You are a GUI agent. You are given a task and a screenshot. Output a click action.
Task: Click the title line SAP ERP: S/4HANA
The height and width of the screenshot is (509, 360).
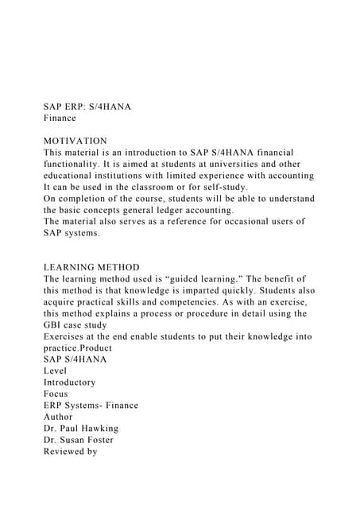pyautogui.click(x=87, y=106)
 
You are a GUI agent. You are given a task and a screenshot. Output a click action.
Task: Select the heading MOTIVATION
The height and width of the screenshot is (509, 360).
pyautogui.click(x=75, y=141)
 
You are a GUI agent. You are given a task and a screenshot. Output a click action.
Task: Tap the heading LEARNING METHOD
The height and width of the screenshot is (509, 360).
pyautogui.click(x=91, y=267)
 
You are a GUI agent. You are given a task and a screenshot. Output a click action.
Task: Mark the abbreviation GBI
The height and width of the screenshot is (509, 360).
pyautogui.click(x=54, y=324)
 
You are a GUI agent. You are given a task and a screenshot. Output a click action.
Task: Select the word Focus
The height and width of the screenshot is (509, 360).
pyautogui.click(x=56, y=394)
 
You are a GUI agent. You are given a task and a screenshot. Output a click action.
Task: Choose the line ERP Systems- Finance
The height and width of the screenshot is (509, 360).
pyautogui.click(x=91, y=405)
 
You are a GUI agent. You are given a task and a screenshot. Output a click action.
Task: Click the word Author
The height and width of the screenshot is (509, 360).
pyautogui.click(x=58, y=417)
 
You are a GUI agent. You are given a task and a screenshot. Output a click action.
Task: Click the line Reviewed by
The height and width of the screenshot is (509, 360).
pyautogui.click(x=70, y=451)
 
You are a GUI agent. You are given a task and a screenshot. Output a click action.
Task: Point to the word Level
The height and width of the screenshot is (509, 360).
pyautogui.click(x=56, y=371)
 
